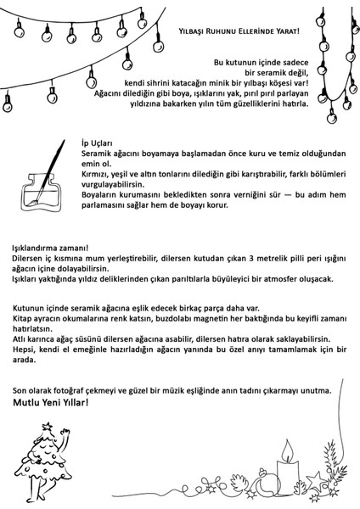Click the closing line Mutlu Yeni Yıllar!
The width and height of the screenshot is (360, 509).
point(50,402)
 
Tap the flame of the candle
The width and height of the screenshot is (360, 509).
point(288,445)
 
